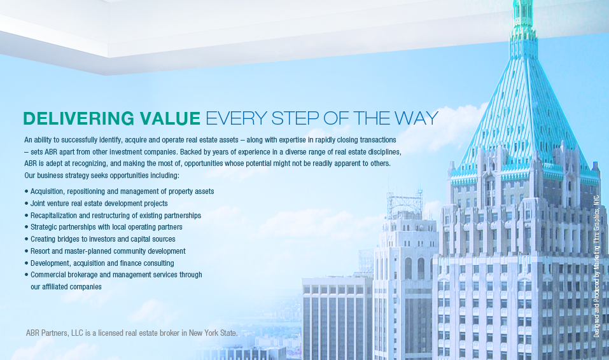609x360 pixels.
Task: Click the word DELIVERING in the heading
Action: (79, 118)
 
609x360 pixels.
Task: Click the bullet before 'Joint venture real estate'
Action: (27, 204)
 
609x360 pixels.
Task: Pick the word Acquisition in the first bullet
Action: (48, 191)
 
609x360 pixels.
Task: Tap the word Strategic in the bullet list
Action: (45, 227)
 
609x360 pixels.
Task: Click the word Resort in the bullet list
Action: (40, 251)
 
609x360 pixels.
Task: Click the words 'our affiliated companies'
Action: (66, 287)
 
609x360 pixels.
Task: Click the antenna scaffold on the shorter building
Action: (404, 204)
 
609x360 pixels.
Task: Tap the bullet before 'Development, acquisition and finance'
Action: (27, 263)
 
